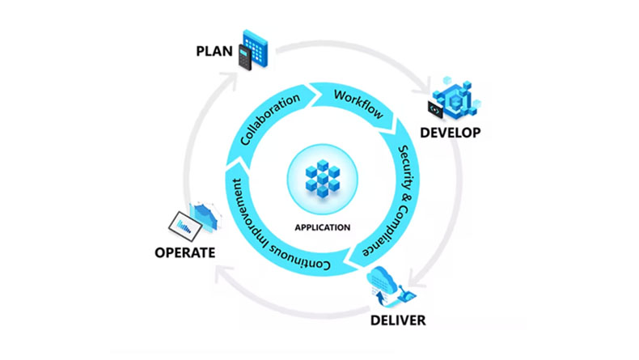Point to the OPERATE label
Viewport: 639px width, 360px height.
(x=184, y=252)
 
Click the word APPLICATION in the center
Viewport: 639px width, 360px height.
(x=322, y=227)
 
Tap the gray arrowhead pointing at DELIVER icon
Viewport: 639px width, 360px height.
(x=409, y=282)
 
